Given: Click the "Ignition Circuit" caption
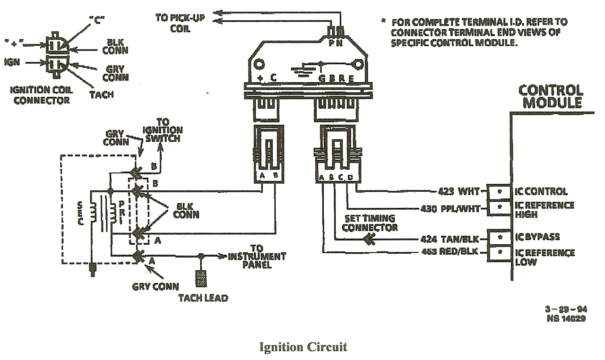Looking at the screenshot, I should pos(303,347).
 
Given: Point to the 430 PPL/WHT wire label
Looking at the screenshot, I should pos(450,208).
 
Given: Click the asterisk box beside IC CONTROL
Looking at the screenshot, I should pos(499,192).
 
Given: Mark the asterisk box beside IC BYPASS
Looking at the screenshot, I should pos(499,238).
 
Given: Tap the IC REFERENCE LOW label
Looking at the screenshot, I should pos(544,257).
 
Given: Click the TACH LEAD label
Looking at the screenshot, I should pos(203,298).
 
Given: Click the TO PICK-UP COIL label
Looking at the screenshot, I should pos(173,23).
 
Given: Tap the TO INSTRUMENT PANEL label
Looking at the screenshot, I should pos(257,257).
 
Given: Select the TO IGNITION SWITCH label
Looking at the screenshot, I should pos(162,130).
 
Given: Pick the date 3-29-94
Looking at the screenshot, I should pos(566,309).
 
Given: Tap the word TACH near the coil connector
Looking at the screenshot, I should pos(101,94).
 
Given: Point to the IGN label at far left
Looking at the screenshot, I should pos(11,62).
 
